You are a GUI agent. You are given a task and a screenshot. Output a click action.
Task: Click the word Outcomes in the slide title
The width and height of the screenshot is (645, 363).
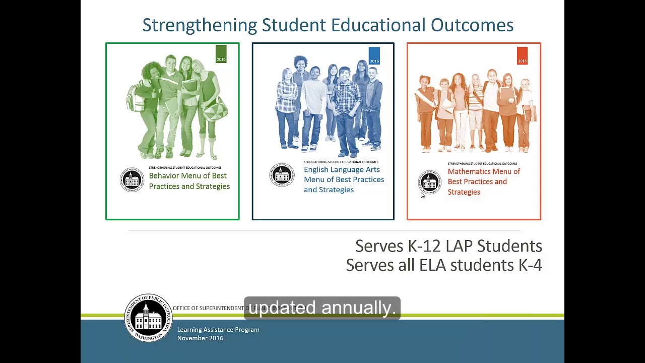click(472, 25)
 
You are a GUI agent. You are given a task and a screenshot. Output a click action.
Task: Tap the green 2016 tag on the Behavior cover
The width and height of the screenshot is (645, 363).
click(221, 53)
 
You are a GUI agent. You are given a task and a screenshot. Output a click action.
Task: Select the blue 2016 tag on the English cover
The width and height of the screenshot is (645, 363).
click(374, 55)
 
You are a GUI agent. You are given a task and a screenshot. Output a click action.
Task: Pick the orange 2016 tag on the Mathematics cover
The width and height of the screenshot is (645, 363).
click(522, 55)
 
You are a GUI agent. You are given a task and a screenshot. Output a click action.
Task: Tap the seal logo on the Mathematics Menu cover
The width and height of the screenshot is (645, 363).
click(430, 182)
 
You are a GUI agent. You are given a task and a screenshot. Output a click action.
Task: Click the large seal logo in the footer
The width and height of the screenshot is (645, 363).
click(148, 318)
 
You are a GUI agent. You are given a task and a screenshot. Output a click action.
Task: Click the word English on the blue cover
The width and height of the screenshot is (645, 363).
click(317, 170)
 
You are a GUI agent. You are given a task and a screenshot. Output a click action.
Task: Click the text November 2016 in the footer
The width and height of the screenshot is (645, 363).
click(200, 338)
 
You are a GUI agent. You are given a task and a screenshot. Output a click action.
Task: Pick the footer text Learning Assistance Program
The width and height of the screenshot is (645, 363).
click(218, 330)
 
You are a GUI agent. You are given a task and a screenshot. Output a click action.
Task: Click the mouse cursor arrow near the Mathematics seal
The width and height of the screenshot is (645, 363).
click(422, 195)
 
